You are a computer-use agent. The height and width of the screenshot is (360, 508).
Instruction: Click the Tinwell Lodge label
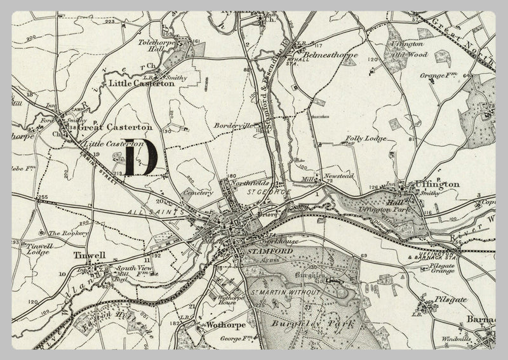point(34,248)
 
